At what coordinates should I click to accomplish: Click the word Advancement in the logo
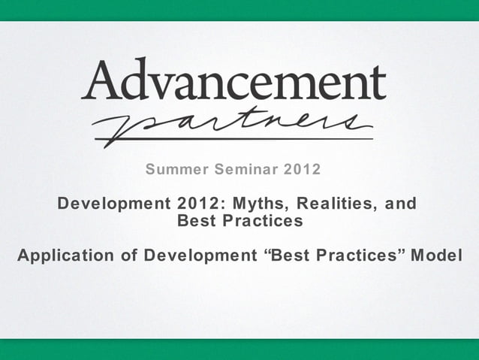click(233, 80)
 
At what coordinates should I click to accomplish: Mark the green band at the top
click(239, 10)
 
